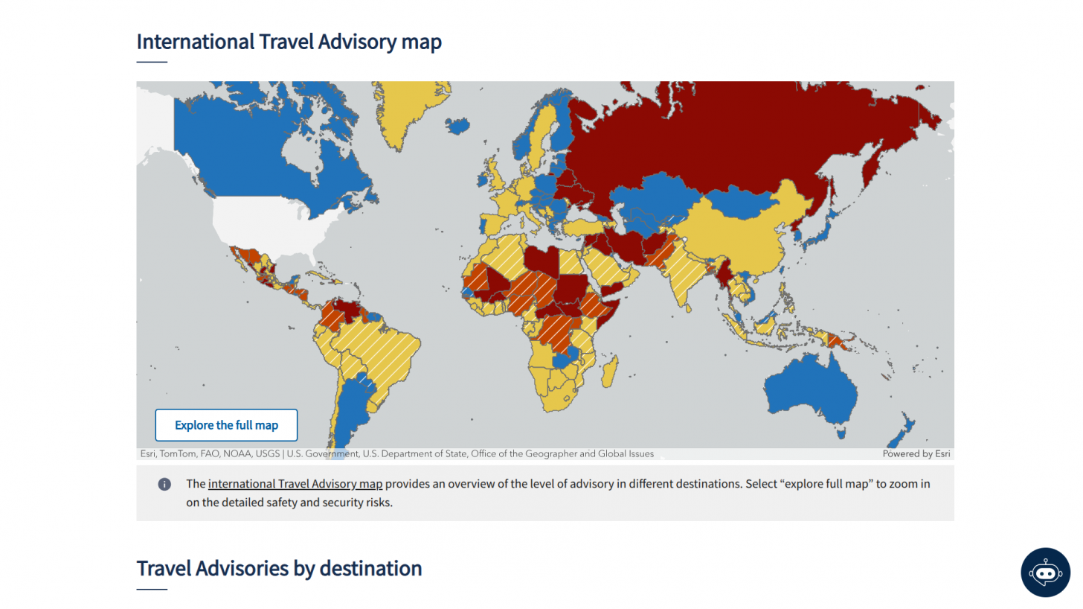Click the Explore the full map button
coord(226,425)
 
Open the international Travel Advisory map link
coord(295,484)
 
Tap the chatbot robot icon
coord(1045,573)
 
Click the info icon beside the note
coord(164,485)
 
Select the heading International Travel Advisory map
coord(289,42)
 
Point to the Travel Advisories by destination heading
coord(279,568)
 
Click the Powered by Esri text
coord(916,453)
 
